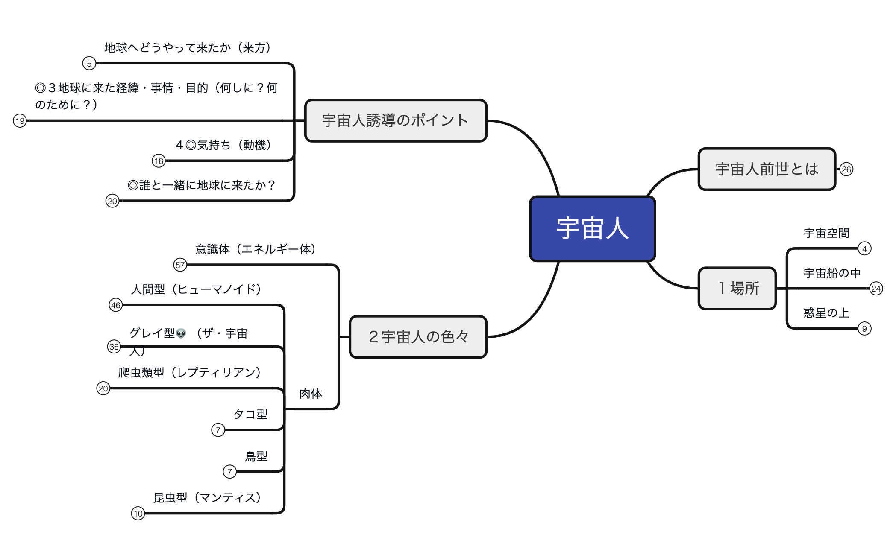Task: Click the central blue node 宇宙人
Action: click(x=592, y=229)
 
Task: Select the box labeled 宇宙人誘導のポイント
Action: click(x=396, y=120)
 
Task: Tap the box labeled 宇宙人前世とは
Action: click(x=767, y=169)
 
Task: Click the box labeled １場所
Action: click(x=737, y=288)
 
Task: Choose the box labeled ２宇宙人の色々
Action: click(x=418, y=337)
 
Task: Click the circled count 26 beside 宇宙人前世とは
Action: click(x=846, y=169)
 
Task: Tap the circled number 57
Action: click(x=180, y=265)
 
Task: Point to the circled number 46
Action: click(x=115, y=305)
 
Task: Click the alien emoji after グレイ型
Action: click(x=181, y=333)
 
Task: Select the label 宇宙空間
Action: click(x=826, y=233)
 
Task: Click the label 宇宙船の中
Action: click(x=831, y=273)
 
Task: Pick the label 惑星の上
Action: click(x=826, y=313)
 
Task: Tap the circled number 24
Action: click(x=876, y=289)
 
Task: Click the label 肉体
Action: click(x=311, y=394)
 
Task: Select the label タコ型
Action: click(x=250, y=414)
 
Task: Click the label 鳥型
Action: click(x=256, y=456)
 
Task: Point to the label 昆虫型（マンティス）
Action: click(x=207, y=498)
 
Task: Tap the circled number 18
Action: click(x=159, y=161)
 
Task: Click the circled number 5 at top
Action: click(x=89, y=64)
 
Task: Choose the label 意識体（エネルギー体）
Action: click(x=256, y=249)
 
